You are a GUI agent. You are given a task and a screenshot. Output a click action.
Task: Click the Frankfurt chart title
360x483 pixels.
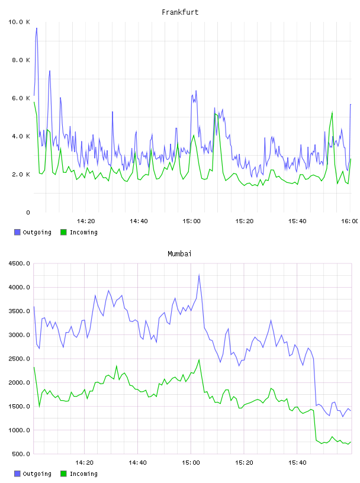tap(180, 12)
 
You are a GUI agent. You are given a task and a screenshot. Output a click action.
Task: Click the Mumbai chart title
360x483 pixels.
tap(179, 254)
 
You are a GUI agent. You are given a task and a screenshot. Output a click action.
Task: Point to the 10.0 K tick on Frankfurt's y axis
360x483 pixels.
tap(19, 22)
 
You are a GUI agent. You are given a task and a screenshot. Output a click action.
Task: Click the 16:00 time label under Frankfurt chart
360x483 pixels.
tap(350, 221)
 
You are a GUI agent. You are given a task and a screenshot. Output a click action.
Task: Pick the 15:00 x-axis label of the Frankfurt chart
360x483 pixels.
tap(191, 221)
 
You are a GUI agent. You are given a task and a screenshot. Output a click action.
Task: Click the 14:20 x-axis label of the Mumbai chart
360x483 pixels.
tap(84, 463)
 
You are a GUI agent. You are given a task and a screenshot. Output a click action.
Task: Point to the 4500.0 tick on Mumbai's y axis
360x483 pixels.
tap(20, 263)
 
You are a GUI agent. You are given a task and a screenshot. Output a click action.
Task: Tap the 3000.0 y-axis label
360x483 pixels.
tap(20, 335)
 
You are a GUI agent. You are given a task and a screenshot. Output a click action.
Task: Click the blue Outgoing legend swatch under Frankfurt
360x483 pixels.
tap(17, 232)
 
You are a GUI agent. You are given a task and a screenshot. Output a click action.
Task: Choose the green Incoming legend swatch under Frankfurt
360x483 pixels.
tap(63, 232)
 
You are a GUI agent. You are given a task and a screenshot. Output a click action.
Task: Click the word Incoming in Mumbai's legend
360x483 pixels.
tap(83, 474)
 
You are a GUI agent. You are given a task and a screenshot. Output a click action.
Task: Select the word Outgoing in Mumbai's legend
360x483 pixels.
tap(37, 474)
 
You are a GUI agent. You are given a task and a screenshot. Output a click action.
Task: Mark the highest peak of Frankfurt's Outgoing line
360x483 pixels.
tap(37, 28)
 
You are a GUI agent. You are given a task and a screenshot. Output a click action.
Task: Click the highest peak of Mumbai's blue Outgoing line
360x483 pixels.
tap(199, 275)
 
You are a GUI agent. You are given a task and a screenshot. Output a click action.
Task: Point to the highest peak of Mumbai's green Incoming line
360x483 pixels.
tap(199, 359)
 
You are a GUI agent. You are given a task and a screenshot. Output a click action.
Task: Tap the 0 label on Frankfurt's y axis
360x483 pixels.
tap(28, 212)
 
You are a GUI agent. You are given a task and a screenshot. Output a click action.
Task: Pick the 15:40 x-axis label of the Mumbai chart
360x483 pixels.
tap(297, 463)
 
